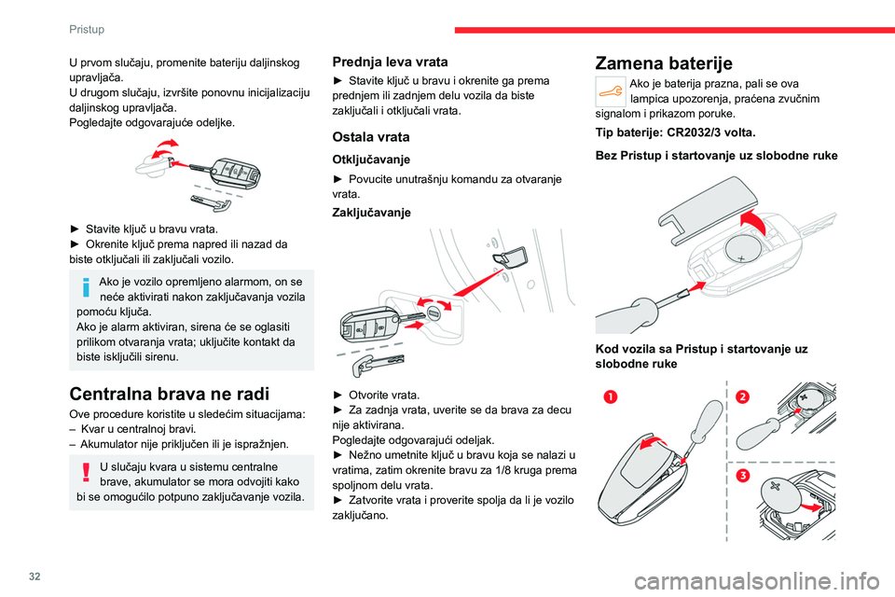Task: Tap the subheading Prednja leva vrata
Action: pyautogui.click(x=390, y=61)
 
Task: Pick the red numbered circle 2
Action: pyautogui.click(x=742, y=397)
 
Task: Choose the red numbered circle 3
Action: pyautogui.click(x=742, y=477)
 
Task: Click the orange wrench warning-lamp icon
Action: pyautogui.click(x=610, y=90)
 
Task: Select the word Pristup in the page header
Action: pyautogui.click(x=87, y=29)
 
